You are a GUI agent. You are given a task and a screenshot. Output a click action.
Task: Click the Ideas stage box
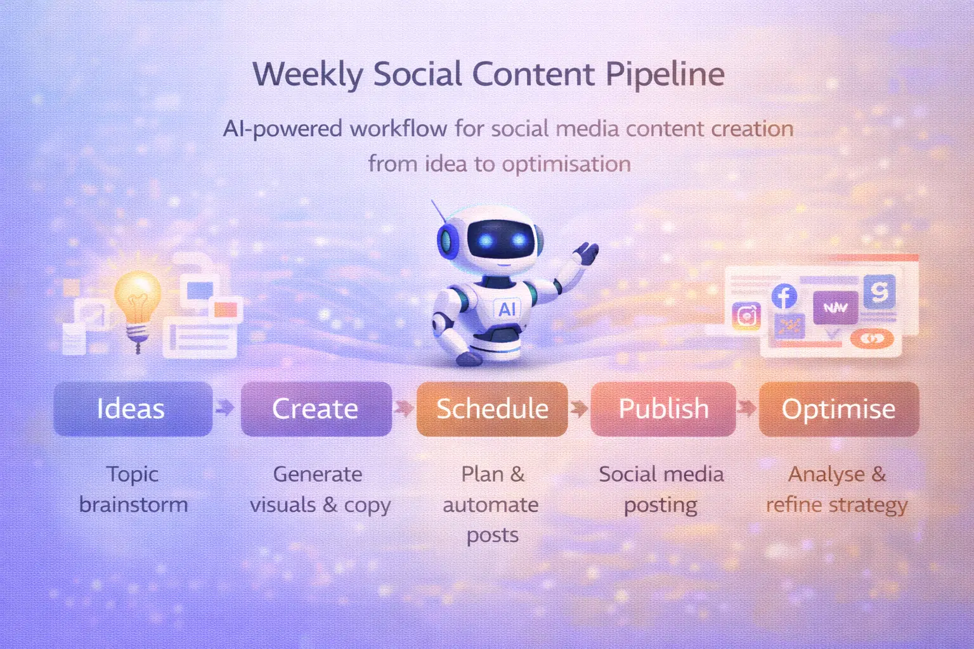[133, 409]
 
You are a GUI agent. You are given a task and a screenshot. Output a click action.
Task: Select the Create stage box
[316, 409]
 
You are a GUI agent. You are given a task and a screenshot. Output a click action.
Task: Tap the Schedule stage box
[492, 409]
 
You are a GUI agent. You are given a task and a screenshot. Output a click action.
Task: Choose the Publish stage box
[663, 409]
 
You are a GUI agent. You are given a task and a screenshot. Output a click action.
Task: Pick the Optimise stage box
[838, 409]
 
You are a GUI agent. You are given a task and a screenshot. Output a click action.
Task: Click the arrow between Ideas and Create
[224, 408]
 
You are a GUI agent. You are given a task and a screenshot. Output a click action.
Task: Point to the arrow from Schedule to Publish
[578, 408]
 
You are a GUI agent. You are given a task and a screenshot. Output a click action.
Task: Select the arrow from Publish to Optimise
[747, 408]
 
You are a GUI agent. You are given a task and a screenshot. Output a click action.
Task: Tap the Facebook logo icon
[784, 296]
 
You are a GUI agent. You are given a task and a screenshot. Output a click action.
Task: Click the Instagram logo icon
[746, 316]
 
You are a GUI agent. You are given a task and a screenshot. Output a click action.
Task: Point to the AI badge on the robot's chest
[507, 309]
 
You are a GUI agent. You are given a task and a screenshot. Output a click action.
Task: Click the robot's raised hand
[586, 254]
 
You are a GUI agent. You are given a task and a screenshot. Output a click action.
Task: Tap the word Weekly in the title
[308, 75]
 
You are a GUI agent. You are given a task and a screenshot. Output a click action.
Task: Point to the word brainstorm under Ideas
[134, 504]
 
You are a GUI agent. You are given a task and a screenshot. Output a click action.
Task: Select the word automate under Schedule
[491, 505]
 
